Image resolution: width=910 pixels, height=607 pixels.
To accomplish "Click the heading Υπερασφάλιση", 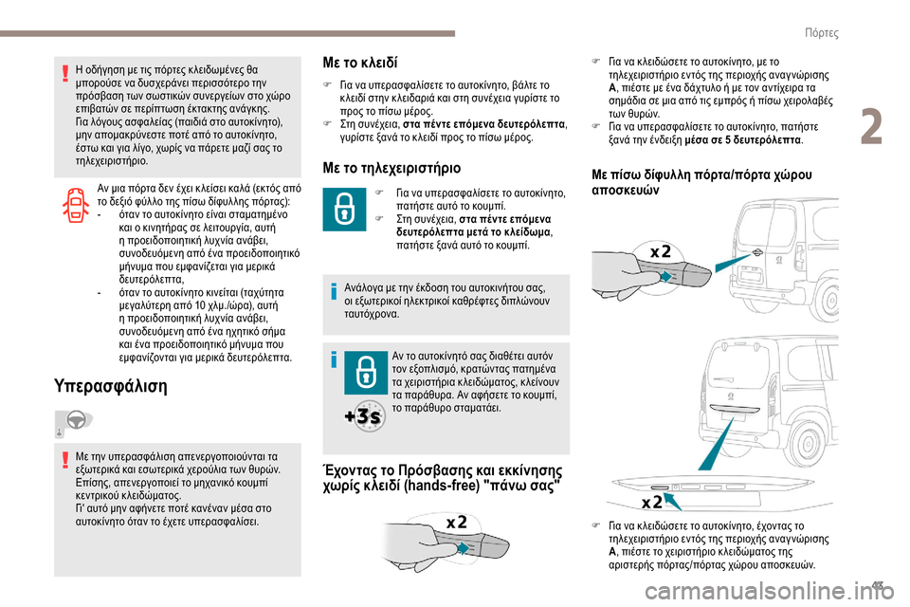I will (113, 387).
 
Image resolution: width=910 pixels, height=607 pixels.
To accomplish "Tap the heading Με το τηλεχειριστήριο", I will (392, 168).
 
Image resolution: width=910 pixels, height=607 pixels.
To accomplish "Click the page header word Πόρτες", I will (820, 32).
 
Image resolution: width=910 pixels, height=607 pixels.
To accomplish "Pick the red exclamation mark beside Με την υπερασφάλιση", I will (65, 460).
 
